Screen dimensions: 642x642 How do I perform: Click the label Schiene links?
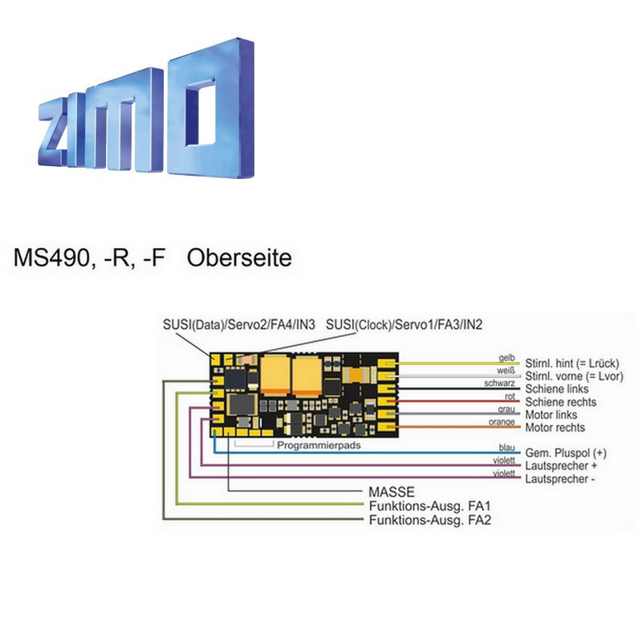click(x=559, y=388)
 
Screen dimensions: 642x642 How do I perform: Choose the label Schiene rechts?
click(x=563, y=401)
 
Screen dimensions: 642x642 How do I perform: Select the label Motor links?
click(x=555, y=415)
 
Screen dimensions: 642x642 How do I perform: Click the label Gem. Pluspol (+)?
click(x=565, y=453)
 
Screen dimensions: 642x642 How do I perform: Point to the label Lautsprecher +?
click(x=561, y=465)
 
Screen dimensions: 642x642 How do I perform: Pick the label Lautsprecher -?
click(x=560, y=478)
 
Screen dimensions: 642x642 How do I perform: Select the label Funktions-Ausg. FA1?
click(x=429, y=506)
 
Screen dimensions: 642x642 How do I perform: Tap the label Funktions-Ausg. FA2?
click(x=429, y=519)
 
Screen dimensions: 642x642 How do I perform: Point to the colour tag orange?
click(x=500, y=422)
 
